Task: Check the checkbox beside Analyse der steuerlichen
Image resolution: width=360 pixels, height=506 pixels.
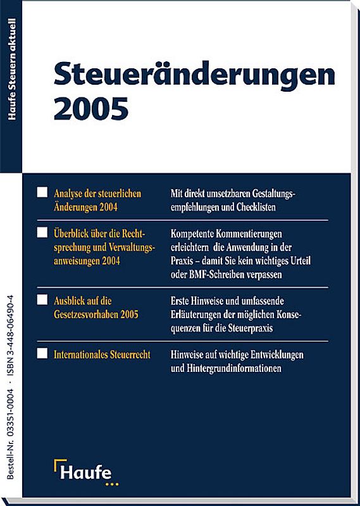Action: pyautogui.click(x=42, y=192)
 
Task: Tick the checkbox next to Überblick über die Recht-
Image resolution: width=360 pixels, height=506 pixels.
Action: pyautogui.click(x=42, y=233)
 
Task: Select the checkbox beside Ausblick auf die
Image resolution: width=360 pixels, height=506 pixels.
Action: pyautogui.click(x=42, y=299)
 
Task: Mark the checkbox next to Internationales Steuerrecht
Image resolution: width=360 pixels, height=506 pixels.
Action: pyautogui.click(x=42, y=354)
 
